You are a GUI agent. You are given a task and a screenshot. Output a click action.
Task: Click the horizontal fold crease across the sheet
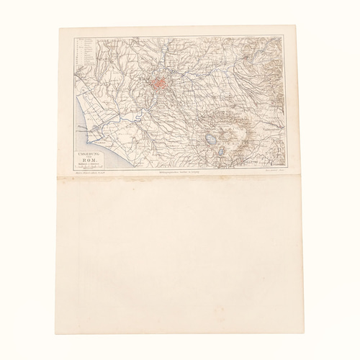point(180,180)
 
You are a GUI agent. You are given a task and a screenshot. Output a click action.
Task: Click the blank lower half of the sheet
point(180,259)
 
